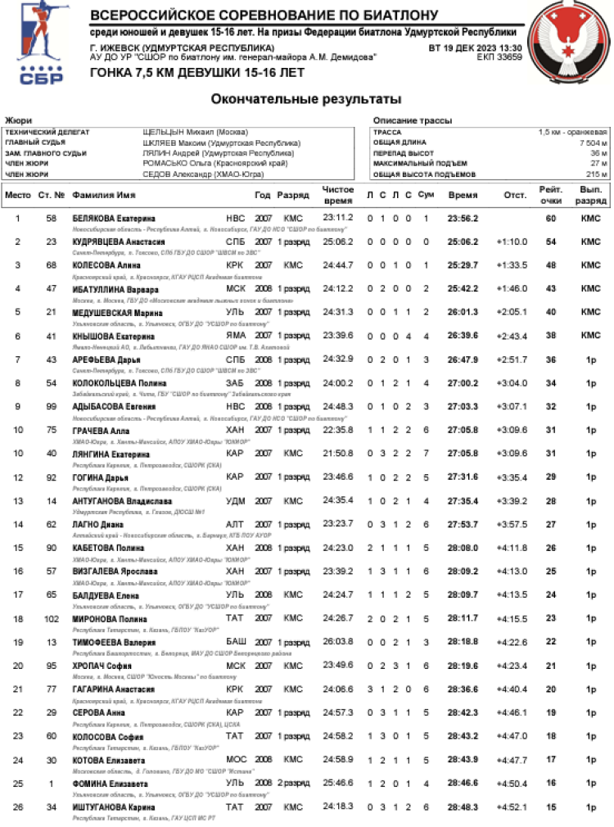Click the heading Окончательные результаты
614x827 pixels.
(306, 99)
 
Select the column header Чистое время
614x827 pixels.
(338, 195)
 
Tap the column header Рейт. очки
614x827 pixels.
(550, 195)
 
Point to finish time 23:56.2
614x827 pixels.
(463, 219)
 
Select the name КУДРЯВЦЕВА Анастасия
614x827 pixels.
(119, 242)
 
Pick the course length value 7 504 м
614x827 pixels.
(592, 142)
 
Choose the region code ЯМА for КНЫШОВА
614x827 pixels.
(235, 337)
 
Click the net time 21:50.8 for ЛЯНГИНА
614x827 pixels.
(338, 454)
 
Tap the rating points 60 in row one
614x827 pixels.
(551, 219)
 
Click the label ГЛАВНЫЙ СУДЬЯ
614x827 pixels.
(35, 142)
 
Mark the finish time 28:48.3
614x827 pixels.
(463, 807)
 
